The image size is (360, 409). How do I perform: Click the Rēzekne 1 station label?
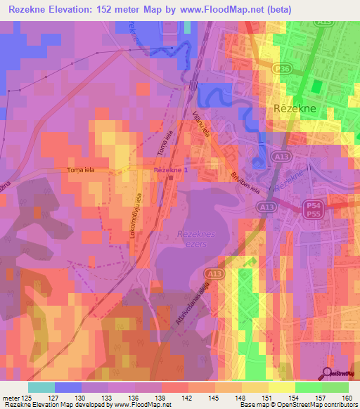tap(171, 170)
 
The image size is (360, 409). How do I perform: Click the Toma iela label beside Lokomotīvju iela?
tap(80, 170)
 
